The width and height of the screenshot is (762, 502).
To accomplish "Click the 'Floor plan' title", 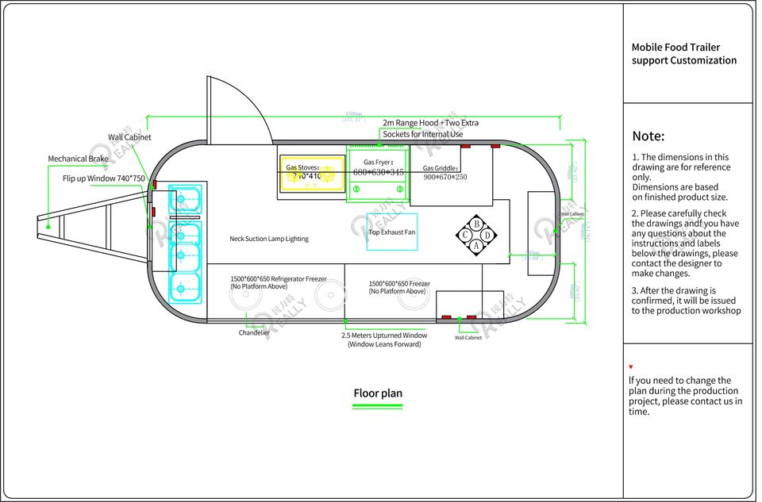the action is pos(378,393).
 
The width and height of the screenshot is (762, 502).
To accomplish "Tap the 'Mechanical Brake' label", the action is pos(78,159).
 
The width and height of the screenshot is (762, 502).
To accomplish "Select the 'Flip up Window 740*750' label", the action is pos(104,178).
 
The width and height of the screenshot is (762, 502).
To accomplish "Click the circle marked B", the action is pos(476,224).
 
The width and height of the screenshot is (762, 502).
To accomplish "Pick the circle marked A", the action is pos(476,246).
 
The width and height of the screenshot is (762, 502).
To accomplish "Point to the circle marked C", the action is pos(465,235).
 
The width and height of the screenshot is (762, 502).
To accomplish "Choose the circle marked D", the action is pos(487,235).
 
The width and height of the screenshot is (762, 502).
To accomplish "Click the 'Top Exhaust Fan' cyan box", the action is pos(391,232).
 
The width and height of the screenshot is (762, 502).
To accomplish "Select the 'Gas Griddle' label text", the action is pos(440,168).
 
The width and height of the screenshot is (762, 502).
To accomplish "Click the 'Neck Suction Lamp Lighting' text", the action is pos(269,239).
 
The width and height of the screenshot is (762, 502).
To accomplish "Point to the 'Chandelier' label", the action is pos(254,333).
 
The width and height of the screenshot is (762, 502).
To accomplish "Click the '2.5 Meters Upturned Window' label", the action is pos(383,335).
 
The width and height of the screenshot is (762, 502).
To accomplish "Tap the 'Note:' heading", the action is pos(648,136).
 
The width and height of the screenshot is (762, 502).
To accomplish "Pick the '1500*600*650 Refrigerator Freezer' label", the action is pos(279,279).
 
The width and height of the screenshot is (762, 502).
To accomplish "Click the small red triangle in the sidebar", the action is pos(630,367).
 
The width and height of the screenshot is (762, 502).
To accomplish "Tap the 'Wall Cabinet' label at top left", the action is pos(129,137).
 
